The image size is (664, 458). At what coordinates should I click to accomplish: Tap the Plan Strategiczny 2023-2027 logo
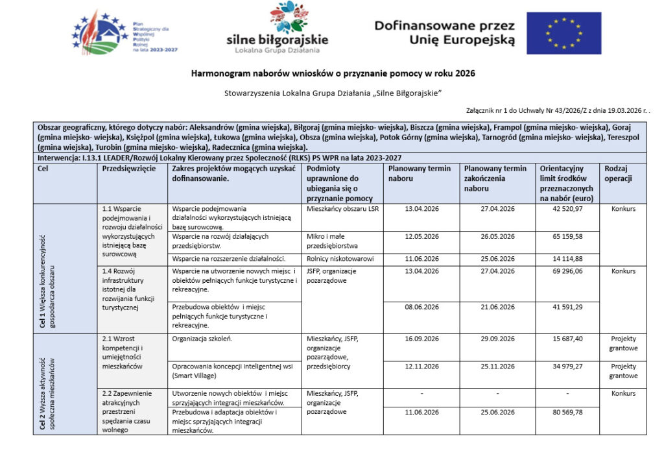click(x=124, y=33)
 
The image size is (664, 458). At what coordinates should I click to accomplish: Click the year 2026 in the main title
click(x=464, y=73)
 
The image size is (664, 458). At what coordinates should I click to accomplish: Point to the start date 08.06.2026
click(x=421, y=306)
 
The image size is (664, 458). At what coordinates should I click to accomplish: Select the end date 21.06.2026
click(x=497, y=306)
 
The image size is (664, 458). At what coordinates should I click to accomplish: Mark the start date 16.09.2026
click(x=421, y=339)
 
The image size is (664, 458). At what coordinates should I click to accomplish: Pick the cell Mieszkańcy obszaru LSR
click(x=342, y=209)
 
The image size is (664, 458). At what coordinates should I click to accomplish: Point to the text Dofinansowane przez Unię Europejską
click(x=444, y=32)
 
